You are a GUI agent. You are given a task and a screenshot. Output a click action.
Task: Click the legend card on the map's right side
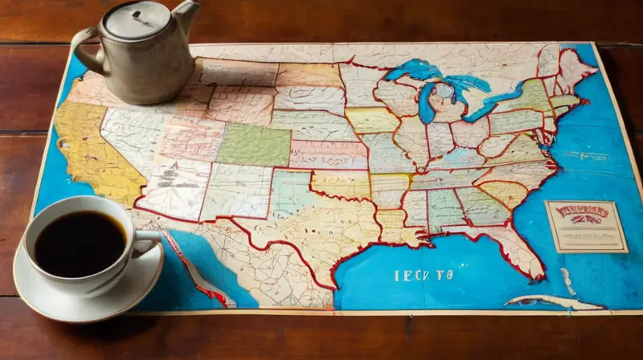(585, 227)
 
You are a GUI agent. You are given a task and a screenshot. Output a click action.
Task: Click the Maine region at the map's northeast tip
(575, 67)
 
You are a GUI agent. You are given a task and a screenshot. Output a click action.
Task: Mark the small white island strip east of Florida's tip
(569, 282)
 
